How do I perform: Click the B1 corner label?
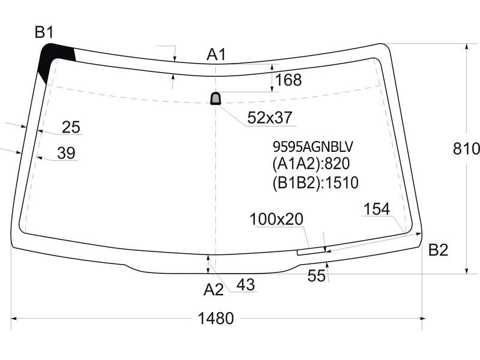point(44,32)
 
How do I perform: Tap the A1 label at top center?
point(216,55)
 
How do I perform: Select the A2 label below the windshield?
point(214,289)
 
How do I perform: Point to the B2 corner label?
point(438,250)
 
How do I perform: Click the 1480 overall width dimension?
point(216,319)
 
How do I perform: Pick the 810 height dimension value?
point(466,149)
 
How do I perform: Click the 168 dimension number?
point(289,80)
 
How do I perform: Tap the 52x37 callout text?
point(269,118)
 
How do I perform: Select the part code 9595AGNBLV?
point(313,146)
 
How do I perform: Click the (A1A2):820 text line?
point(311,164)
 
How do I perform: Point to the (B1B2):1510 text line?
point(316,183)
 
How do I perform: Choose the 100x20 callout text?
point(277,219)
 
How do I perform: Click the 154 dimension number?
point(377,209)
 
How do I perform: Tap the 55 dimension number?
point(316,276)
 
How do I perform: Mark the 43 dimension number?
point(245,285)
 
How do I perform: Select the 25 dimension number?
point(71,127)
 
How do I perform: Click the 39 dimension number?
point(66,153)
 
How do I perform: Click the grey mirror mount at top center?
point(215,98)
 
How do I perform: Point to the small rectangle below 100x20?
point(311,251)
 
